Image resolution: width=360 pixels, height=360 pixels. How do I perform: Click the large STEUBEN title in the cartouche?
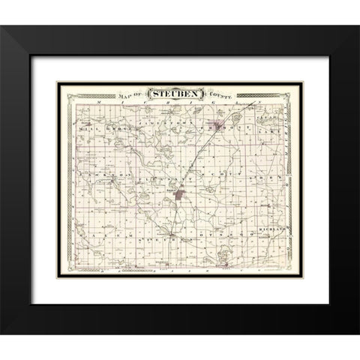[181, 94]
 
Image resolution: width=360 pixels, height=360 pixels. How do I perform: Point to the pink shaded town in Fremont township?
[223, 127]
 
